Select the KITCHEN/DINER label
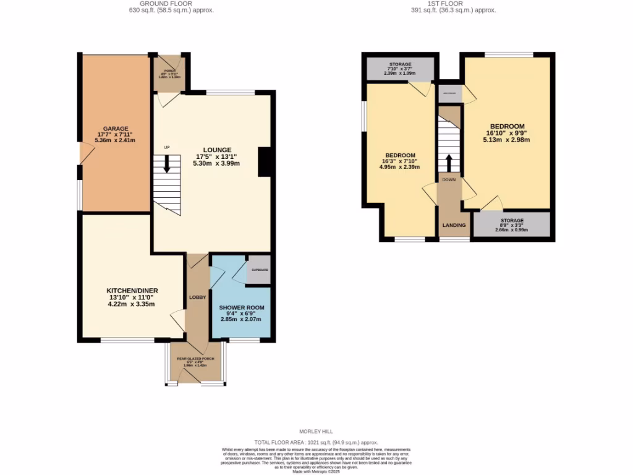130,290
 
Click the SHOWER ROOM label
242,307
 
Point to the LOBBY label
197,297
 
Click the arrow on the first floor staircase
449,163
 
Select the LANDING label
454,225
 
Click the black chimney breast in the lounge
265,163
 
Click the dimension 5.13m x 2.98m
508,140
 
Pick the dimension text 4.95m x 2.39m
400,167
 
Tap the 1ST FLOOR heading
454,3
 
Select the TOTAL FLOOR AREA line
316,442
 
